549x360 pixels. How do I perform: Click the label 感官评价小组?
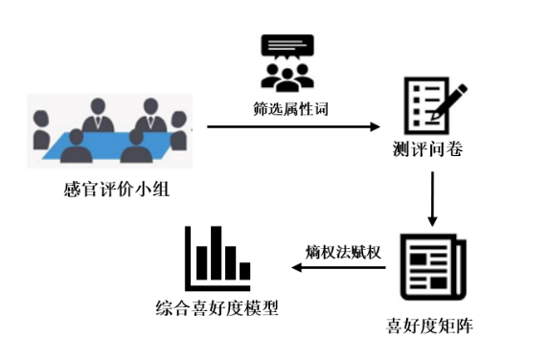tap(114, 190)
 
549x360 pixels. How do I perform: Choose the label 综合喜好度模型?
tap(217, 308)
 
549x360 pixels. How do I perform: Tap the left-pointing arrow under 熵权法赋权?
tap(339, 267)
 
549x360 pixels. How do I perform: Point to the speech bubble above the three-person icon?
tap(286, 48)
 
